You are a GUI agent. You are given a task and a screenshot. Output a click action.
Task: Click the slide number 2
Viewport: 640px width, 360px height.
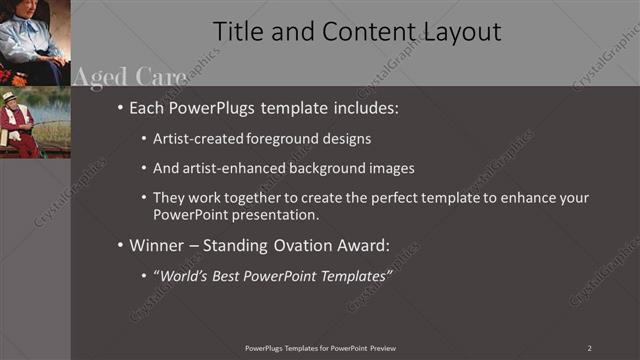590,347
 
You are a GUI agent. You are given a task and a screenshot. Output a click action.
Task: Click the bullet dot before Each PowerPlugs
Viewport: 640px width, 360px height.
121,105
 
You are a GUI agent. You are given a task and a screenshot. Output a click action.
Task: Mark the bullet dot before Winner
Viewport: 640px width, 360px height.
121,244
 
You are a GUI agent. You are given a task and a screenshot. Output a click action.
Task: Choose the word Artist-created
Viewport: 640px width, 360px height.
196,138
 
